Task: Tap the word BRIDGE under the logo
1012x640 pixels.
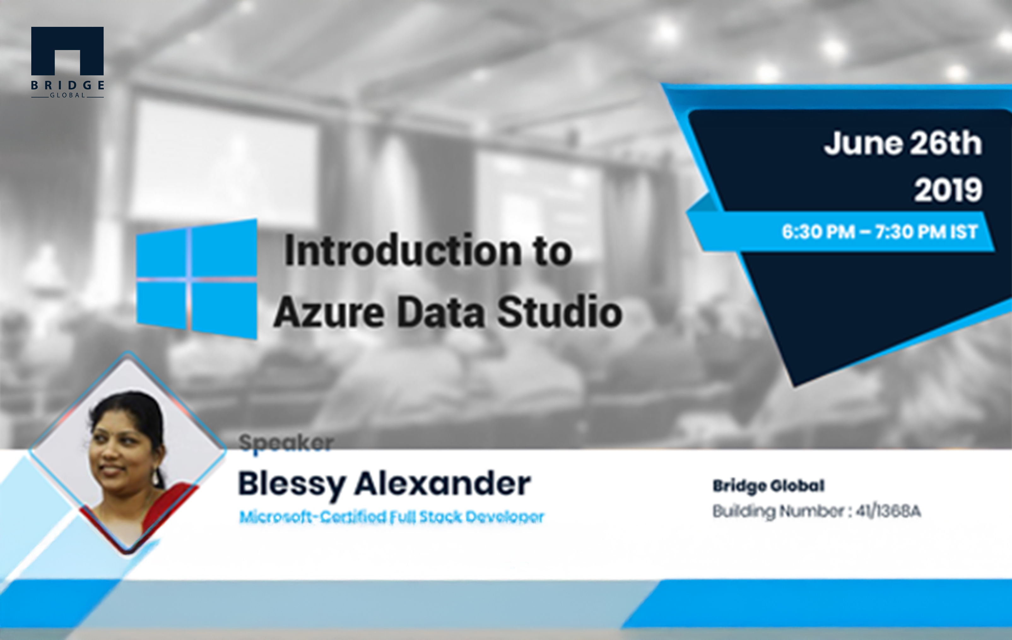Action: [x=67, y=85]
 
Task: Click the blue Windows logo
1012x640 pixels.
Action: [x=197, y=279]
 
